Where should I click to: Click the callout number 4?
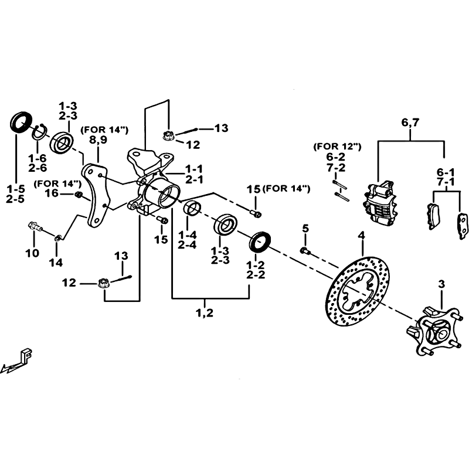click(361, 236)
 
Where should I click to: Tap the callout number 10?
click(33, 253)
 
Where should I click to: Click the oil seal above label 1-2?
click(261, 240)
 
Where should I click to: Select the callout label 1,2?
click(205, 312)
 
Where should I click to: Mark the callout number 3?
click(441, 285)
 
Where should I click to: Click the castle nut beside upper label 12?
click(167, 135)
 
